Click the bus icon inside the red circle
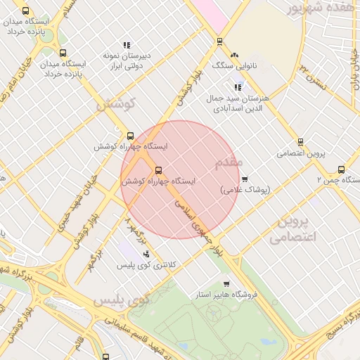coord(157,169)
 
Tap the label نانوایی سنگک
coord(234,65)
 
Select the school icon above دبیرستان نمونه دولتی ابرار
coord(127,45)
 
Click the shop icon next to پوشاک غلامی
coord(245,179)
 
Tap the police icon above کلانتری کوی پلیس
coord(146,254)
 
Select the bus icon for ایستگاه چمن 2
coord(341,169)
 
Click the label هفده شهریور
coord(316,8)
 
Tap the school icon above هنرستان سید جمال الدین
coord(238,88)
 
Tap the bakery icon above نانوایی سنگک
coord(234,55)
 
